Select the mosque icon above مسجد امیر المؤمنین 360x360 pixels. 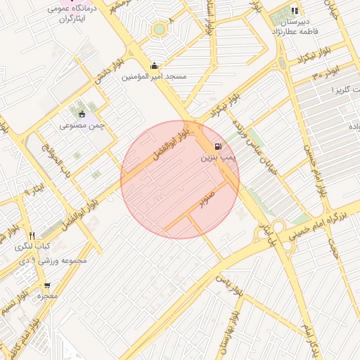(x=154, y=66)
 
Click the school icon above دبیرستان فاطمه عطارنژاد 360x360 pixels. (x=295, y=11)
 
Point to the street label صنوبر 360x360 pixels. (x=205, y=200)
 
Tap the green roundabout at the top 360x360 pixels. (x=160, y=29)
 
